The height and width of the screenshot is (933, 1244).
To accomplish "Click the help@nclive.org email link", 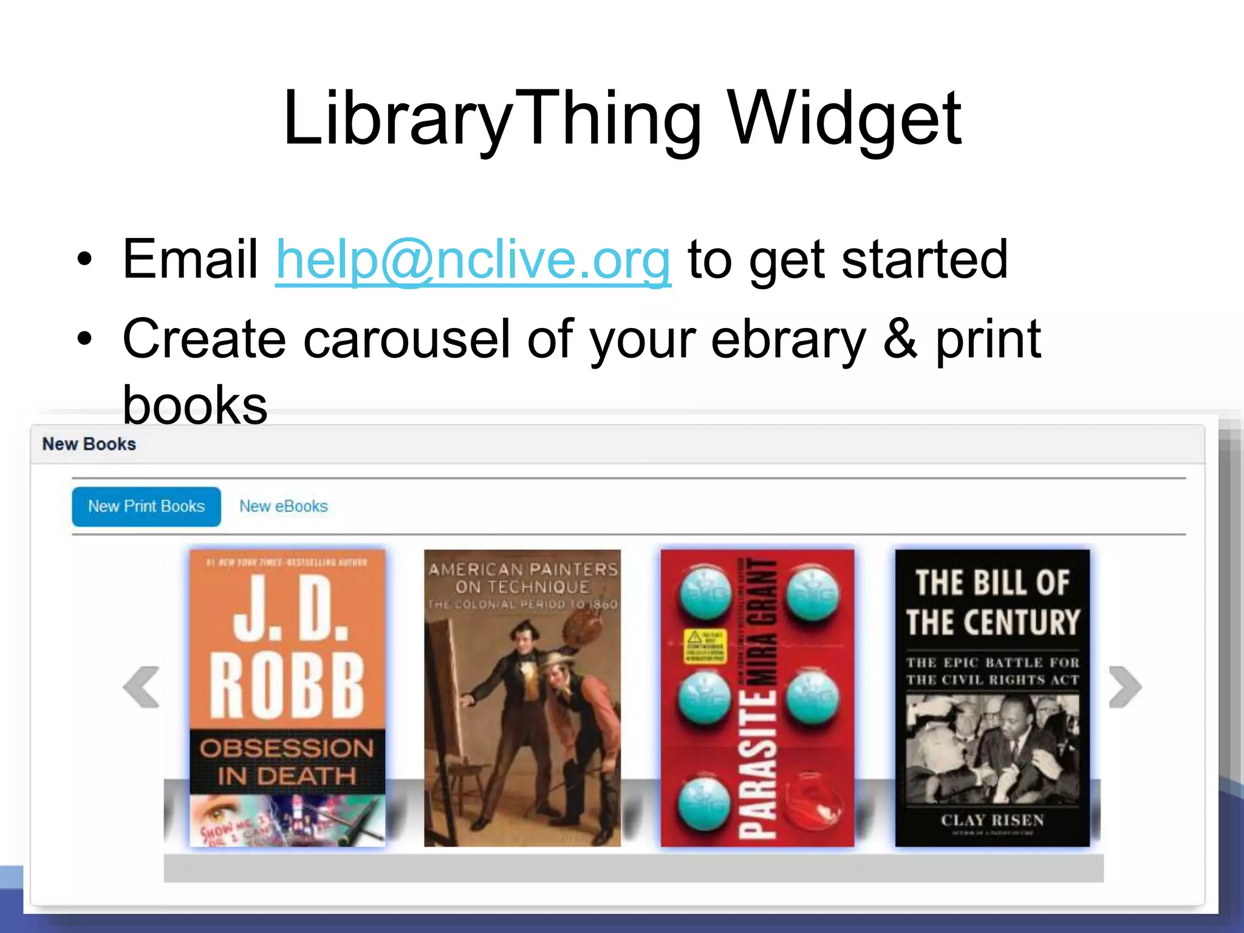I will (x=473, y=260).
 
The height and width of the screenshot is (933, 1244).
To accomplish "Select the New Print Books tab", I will (x=146, y=507).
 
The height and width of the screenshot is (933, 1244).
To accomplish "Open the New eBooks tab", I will (x=283, y=507).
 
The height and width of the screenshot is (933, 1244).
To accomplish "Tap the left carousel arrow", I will (x=142, y=687).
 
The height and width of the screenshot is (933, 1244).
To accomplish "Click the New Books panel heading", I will (x=89, y=444).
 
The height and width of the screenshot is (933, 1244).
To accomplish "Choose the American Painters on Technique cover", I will (x=522, y=699).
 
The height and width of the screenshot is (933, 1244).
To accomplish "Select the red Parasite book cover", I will (x=757, y=699).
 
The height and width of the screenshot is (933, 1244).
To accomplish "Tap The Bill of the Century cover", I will (x=993, y=699).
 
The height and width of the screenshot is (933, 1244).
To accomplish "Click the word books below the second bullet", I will (x=195, y=405).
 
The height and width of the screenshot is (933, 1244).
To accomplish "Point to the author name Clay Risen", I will (x=993, y=820).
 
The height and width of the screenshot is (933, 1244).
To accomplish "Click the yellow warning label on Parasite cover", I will (x=705, y=646).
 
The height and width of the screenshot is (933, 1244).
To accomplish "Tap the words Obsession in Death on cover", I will (x=287, y=762).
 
